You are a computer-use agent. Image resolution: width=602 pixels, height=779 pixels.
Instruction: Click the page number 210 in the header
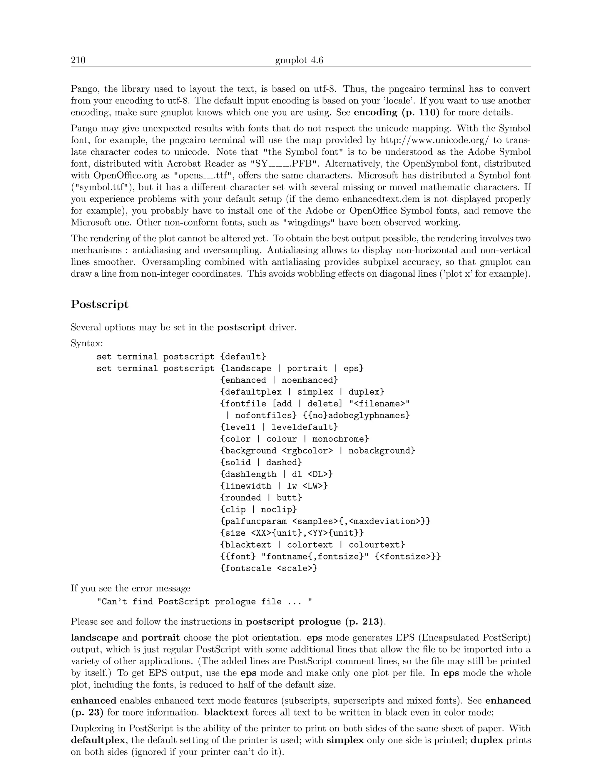[78, 60]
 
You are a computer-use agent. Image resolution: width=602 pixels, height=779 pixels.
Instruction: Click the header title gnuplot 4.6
[299, 60]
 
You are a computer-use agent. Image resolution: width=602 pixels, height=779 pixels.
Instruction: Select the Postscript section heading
[100, 304]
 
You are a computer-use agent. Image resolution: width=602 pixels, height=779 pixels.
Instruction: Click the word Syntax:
[87, 343]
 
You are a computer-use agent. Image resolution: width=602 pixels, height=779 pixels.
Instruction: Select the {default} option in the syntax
[243, 357]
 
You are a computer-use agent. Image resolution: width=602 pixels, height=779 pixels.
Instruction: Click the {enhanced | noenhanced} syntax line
[279, 380]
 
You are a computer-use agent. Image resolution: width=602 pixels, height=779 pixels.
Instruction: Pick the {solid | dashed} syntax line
[261, 463]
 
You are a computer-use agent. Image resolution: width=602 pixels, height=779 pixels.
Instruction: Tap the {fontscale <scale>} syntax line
[269, 568]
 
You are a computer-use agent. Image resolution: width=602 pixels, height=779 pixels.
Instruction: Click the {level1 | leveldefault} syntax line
[279, 427]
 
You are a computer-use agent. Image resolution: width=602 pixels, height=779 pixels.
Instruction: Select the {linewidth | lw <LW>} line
[274, 486]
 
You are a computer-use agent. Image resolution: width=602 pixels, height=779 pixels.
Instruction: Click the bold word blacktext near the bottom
[226, 713]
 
